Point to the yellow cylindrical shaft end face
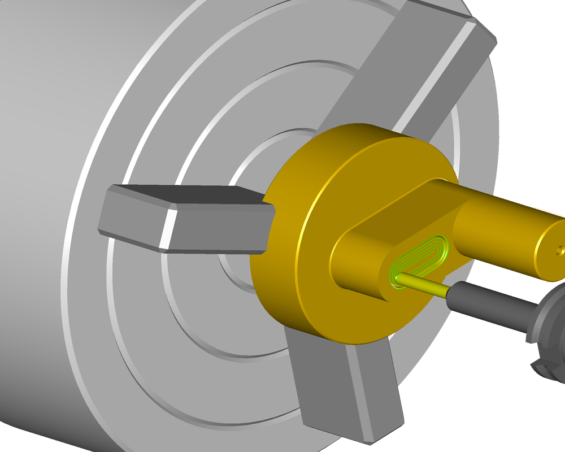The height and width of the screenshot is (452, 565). pos(551,249)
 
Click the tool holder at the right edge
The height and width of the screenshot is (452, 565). pos(548,333)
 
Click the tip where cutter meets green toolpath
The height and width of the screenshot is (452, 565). pos(400,277)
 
